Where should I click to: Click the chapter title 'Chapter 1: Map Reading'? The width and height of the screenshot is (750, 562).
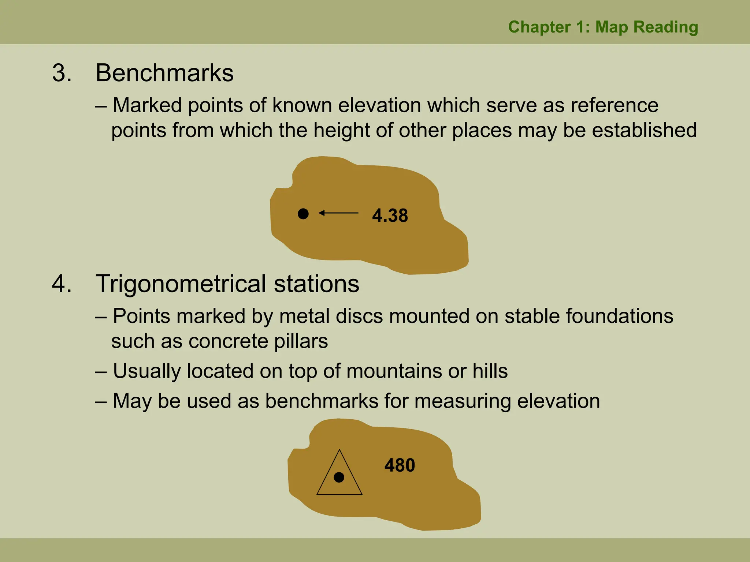click(x=603, y=27)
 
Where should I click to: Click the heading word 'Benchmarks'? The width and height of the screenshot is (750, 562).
click(x=164, y=73)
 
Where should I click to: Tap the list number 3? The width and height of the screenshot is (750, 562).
click(x=62, y=73)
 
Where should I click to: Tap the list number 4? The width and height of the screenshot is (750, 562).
click(x=62, y=284)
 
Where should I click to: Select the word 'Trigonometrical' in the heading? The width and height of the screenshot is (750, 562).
click(x=181, y=284)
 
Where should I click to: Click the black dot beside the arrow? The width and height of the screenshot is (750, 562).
click(x=303, y=214)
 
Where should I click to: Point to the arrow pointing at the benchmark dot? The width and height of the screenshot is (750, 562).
click(x=338, y=213)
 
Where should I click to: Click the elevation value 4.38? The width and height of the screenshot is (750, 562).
click(x=390, y=216)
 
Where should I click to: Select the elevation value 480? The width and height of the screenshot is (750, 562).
click(x=400, y=465)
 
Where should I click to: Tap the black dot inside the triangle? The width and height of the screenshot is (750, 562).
click(x=339, y=477)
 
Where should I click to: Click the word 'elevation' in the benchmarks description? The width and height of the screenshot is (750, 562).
click(x=379, y=105)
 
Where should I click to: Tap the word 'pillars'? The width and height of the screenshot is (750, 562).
click(x=301, y=341)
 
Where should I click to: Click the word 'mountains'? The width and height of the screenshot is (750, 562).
click(x=394, y=371)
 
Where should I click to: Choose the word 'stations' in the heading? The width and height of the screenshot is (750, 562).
click(x=316, y=284)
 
